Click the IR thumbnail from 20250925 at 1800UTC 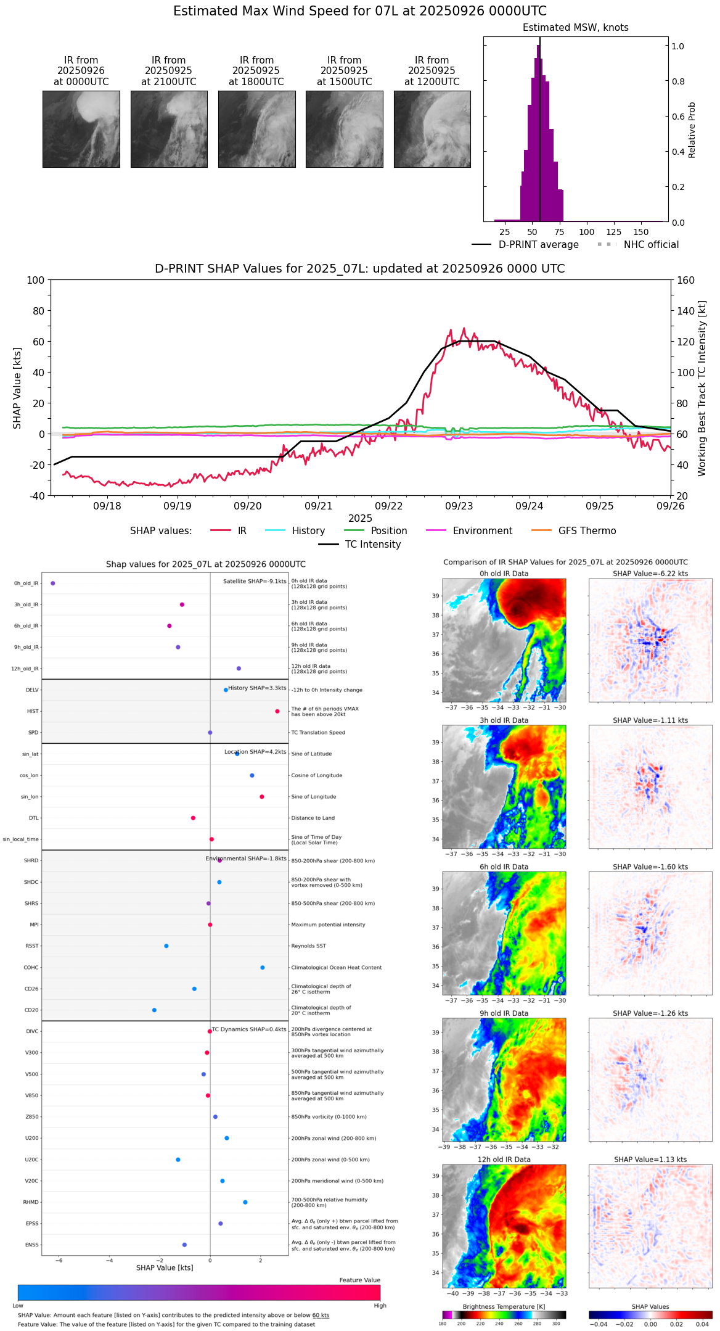pos(256,129)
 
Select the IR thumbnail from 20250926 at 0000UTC pos(81,129)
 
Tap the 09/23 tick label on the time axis pos(459,506)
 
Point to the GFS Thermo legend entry pos(587,531)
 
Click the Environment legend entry pos(482,531)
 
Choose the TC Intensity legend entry pos(372,545)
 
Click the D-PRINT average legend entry pos(538,245)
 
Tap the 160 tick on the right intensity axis pos(685,280)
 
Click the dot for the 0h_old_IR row pos(53,583)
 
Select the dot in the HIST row pos(277,711)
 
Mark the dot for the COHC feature pos(263,967)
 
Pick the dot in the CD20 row pos(154,1010)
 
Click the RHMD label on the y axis pos(31,1202)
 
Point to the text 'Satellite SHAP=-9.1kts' pos(255,581)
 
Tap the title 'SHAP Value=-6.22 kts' pos(650,574)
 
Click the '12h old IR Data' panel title pos(504,1160)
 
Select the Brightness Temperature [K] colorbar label pos(504,1306)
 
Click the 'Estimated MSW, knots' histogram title pos(575,28)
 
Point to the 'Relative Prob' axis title pos(692,130)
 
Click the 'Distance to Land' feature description pos(313,818)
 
